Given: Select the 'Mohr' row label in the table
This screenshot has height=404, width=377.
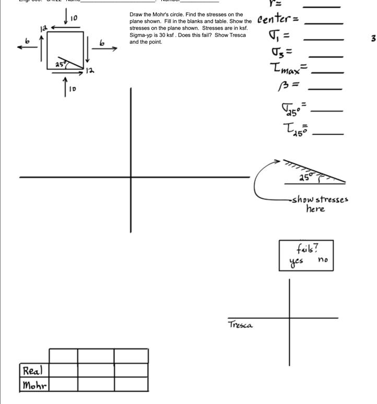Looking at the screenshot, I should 34,386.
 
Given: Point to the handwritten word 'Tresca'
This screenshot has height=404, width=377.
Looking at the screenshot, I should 240,325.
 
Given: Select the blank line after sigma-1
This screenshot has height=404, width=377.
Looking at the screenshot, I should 323,39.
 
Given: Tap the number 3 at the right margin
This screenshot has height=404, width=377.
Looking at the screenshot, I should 373,38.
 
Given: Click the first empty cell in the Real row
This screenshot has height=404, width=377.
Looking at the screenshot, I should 63,370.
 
